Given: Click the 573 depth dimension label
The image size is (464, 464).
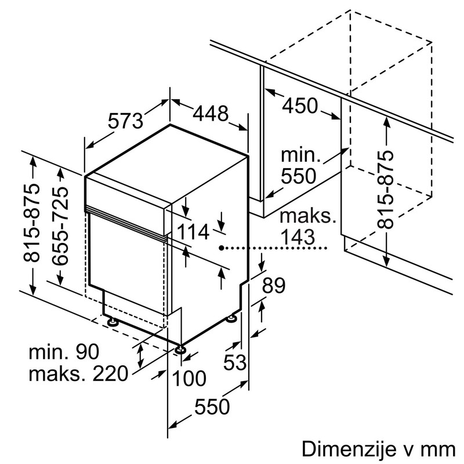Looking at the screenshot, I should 125,121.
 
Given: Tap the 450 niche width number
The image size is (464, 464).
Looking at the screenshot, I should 300,106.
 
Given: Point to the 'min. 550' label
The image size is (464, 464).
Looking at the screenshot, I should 300,165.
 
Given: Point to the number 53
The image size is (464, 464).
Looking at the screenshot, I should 235,362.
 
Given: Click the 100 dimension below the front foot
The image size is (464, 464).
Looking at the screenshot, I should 189,379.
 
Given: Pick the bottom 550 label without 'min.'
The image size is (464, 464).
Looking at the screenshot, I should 211,407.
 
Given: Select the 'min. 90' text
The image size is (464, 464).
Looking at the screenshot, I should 64,351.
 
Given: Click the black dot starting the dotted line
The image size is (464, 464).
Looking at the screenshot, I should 222,248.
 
